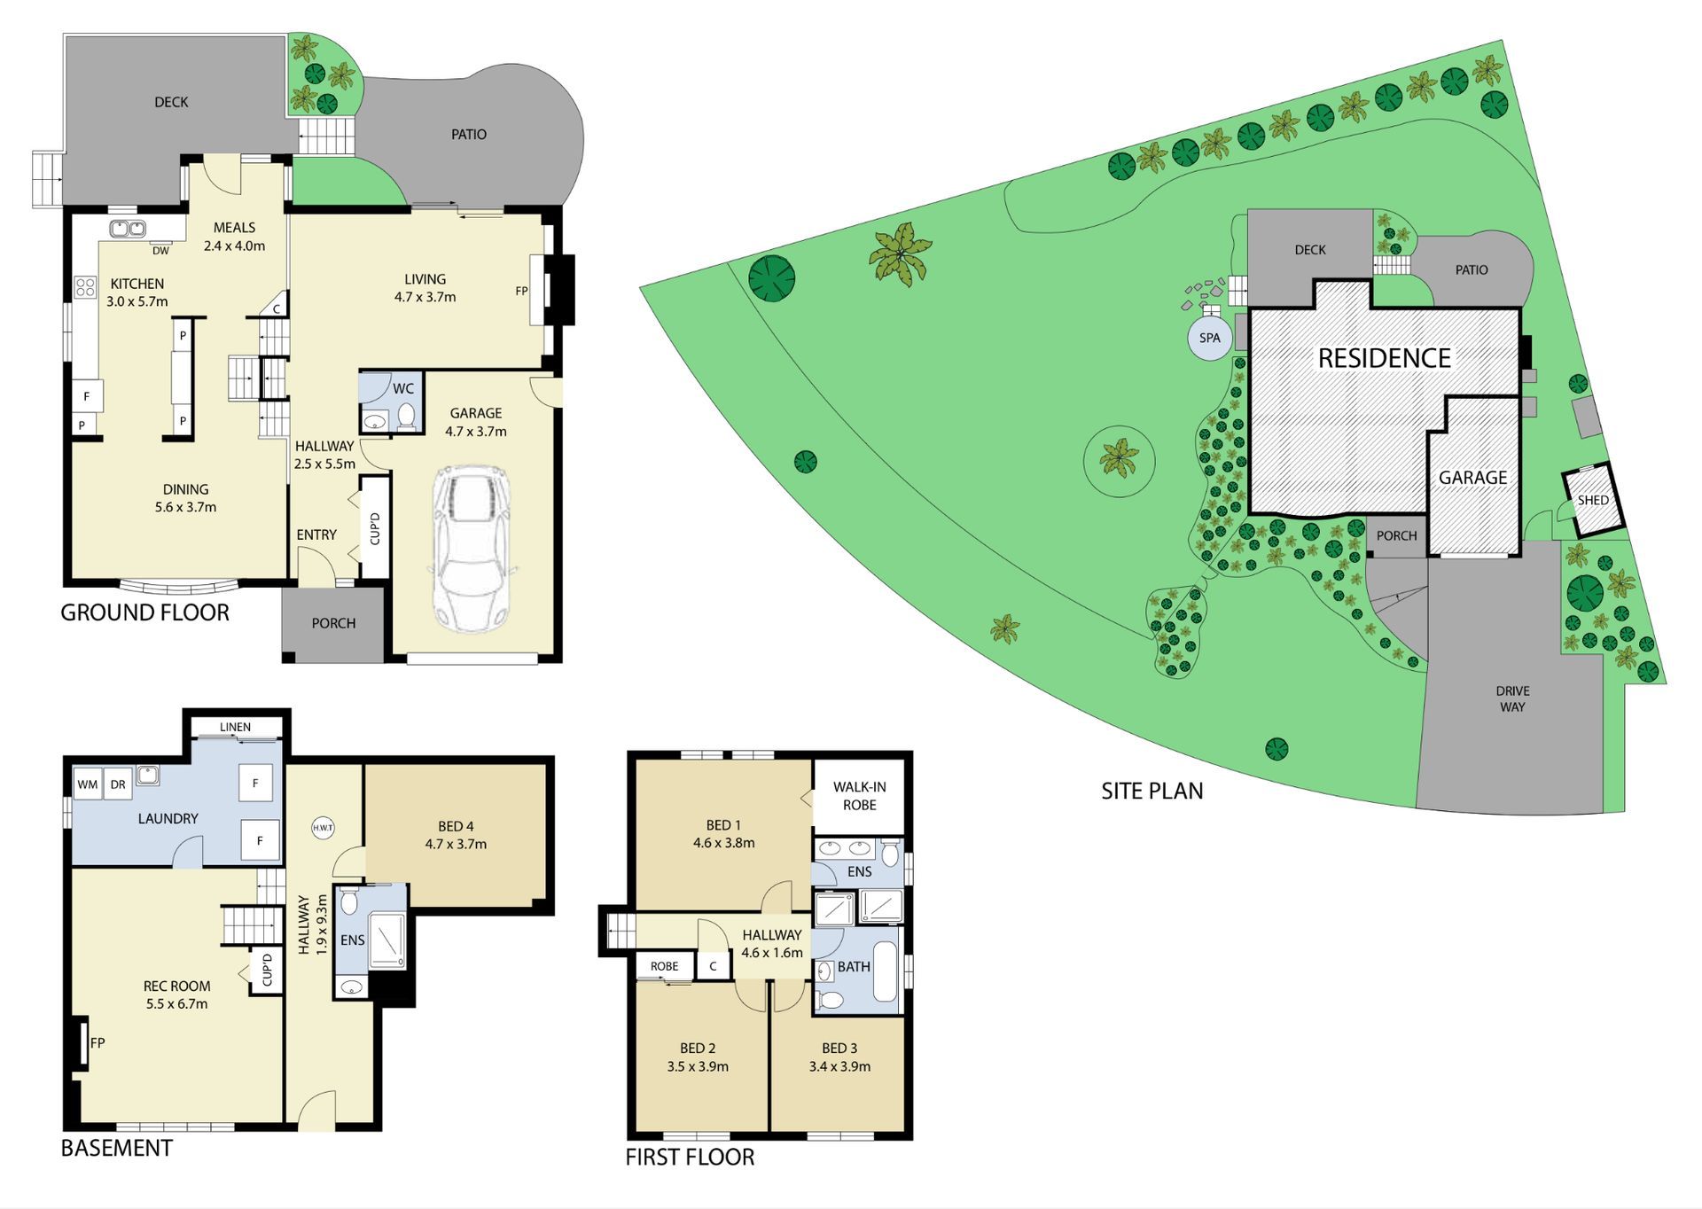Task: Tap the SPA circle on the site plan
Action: click(1210, 338)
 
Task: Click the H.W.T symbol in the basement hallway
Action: click(323, 828)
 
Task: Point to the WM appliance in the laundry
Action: click(88, 784)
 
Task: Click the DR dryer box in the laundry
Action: click(118, 784)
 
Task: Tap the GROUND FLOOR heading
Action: click(144, 612)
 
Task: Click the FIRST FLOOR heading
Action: click(690, 1157)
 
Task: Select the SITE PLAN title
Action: click(1152, 791)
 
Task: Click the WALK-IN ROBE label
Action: click(859, 796)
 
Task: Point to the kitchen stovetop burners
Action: click(85, 286)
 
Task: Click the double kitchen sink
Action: click(128, 229)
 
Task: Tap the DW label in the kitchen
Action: click(160, 251)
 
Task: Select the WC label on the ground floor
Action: click(403, 388)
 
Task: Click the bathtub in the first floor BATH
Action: click(886, 972)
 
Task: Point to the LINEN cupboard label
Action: click(235, 727)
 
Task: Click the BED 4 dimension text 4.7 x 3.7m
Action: click(456, 844)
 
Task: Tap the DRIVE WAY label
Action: click(1512, 698)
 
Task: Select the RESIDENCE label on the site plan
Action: click(1384, 358)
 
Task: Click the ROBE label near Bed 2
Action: click(664, 966)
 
